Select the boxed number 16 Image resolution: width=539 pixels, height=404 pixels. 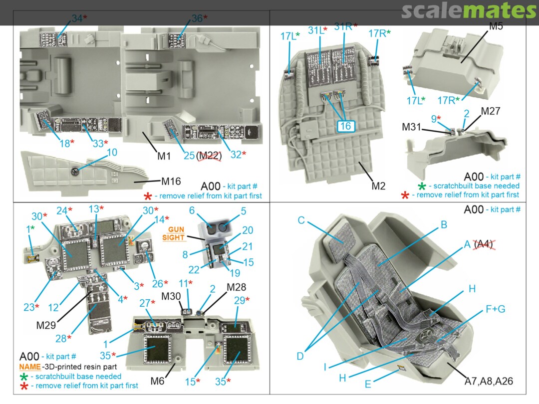(x=345, y=126)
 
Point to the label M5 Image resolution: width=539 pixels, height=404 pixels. (x=496, y=26)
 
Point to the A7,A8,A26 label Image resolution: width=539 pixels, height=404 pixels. (x=489, y=382)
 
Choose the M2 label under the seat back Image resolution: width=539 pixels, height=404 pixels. (x=379, y=187)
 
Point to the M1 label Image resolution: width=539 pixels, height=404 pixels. (x=164, y=156)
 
